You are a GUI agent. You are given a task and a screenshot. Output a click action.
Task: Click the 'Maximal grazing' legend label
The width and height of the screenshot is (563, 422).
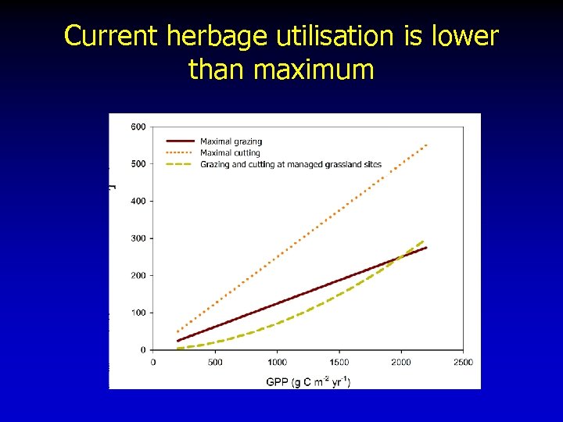point(230,141)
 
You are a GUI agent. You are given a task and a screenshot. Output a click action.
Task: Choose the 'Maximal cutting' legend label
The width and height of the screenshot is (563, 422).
point(230,152)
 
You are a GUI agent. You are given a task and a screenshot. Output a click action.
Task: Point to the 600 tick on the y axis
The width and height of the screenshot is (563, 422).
point(138,127)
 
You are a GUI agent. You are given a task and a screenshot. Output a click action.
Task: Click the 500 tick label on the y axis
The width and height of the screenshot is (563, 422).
point(138,164)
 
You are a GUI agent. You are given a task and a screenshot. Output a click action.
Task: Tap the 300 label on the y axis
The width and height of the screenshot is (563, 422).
point(138,238)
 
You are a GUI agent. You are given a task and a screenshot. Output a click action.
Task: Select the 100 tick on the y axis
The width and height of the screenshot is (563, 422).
point(138,313)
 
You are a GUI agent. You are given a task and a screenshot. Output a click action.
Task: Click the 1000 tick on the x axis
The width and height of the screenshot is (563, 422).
point(277,362)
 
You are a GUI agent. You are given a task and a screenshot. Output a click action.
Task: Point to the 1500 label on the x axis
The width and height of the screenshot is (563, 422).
point(339,362)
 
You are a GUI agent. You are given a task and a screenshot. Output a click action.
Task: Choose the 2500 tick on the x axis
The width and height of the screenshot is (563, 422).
point(463,362)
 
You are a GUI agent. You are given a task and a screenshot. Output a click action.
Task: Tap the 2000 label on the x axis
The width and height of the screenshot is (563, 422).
point(401,362)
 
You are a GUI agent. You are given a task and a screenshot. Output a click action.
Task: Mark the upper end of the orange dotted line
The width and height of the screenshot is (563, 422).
point(426,145)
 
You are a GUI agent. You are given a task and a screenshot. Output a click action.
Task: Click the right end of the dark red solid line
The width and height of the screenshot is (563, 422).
point(426,248)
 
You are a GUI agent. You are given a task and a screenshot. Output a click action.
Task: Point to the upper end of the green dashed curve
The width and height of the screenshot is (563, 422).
point(424,240)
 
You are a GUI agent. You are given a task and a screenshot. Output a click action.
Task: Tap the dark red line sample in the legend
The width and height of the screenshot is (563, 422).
point(180,141)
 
